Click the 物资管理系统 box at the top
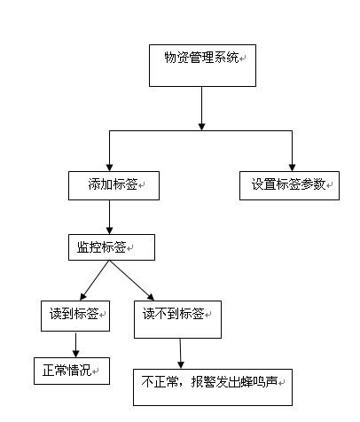202,66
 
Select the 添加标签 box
113,185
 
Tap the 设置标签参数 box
289,185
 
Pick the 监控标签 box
112,247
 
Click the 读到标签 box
75,316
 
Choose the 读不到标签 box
177,319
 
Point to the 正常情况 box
72,371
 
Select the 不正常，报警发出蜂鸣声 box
213,387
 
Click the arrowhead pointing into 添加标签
110,168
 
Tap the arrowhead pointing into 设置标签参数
292,168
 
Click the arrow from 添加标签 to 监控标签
110,217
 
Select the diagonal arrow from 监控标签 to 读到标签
95,280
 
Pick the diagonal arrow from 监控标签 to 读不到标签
132,280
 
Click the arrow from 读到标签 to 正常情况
75,344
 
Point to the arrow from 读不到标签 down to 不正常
181,354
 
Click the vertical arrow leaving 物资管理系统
202,108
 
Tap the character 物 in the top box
170,57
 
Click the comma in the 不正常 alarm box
184,384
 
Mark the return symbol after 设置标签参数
329,185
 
